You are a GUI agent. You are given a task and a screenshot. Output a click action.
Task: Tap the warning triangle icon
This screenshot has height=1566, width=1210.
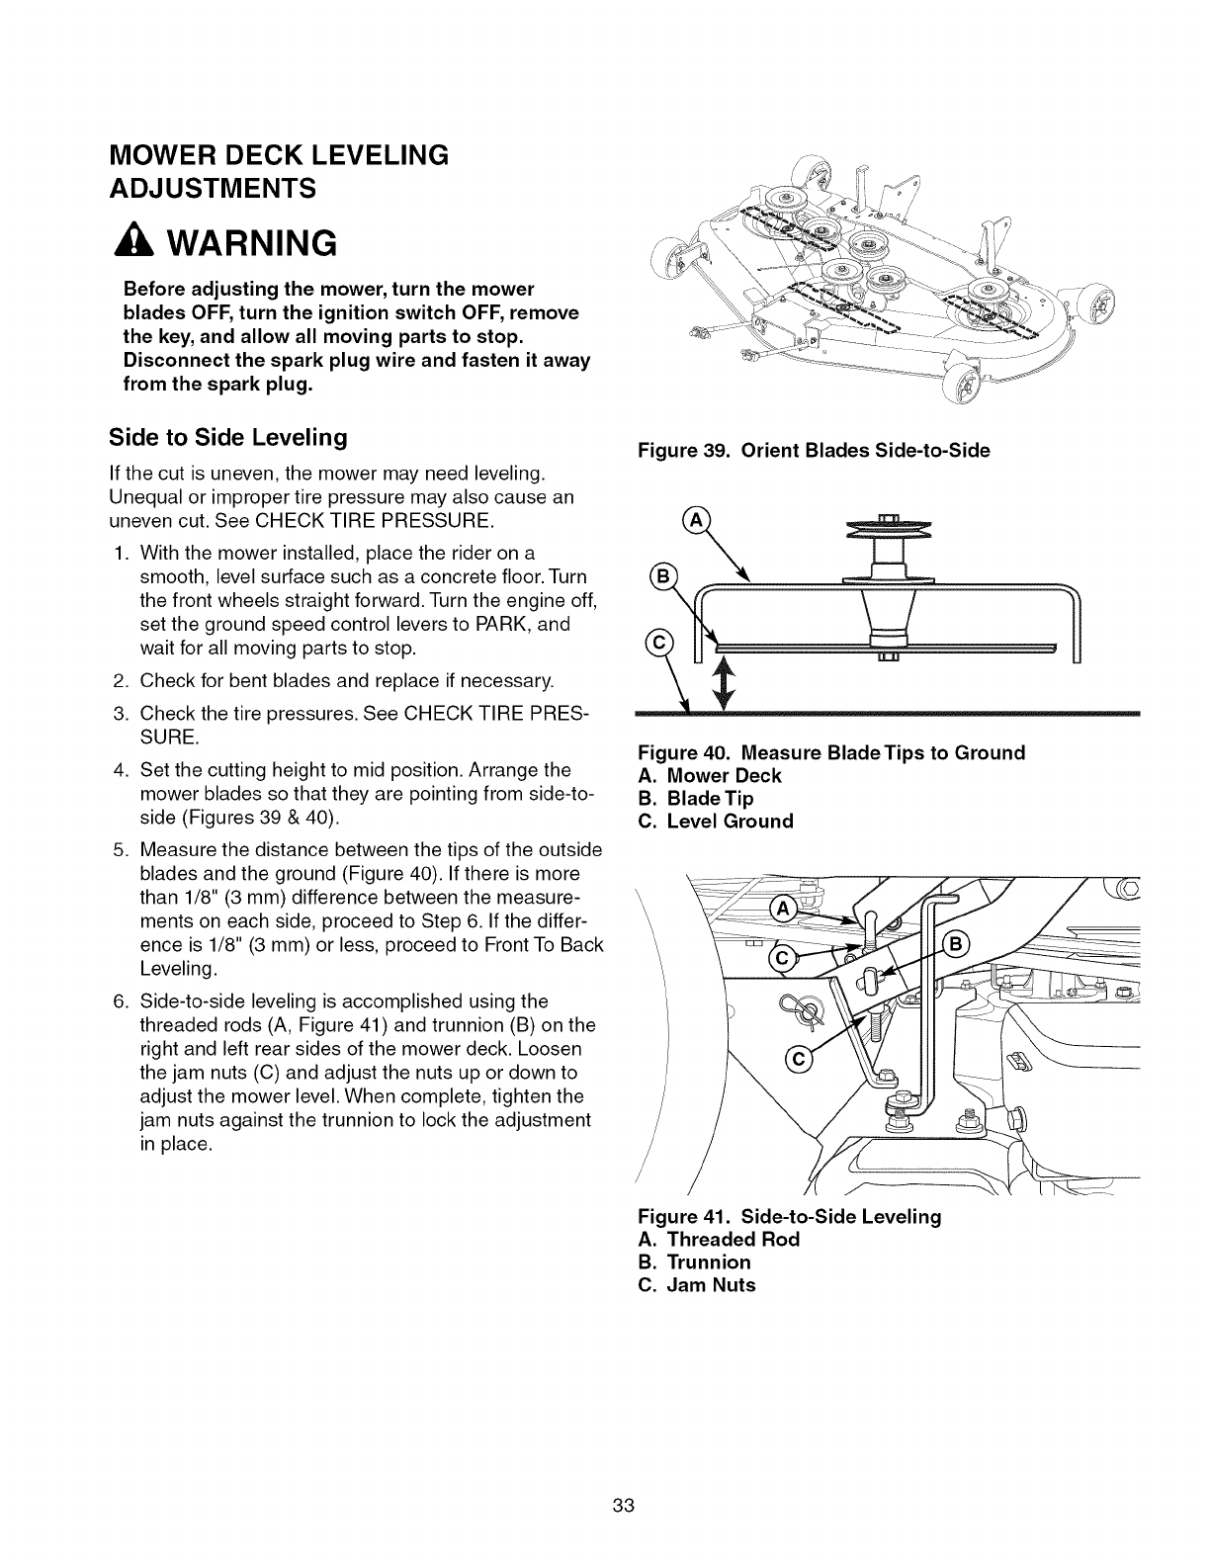[140, 243]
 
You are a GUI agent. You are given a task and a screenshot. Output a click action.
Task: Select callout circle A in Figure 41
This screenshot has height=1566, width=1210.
[782, 910]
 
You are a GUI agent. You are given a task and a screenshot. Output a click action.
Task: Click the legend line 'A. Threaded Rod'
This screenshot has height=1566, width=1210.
[719, 1240]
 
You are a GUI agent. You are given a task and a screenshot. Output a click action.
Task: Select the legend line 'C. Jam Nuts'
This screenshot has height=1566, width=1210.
[697, 1285]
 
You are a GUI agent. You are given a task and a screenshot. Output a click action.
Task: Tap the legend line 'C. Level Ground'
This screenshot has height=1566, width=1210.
[717, 822]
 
